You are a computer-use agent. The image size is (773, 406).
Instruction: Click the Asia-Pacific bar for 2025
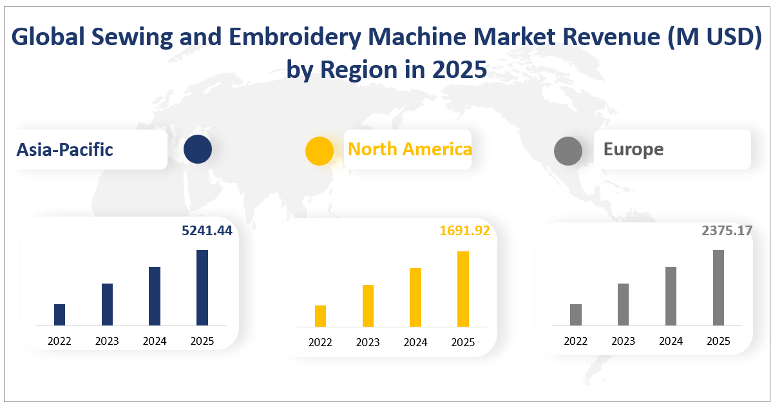pyautogui.click(x=202, y=287)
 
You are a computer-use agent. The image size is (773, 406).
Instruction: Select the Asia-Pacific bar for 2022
pyautogui.click(x=59, y=314)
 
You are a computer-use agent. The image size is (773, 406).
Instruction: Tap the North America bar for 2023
pyautogui.click(x=368, y=305)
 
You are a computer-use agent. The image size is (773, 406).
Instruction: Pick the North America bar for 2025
pyautogui.click(x=463, y=289)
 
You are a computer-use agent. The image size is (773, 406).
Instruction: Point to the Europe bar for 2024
pyautogui.click(x=671, y=296)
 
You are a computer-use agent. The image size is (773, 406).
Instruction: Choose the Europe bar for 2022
pyautogui.click(x=576, y=314)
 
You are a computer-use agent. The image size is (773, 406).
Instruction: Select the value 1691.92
pyautogui.click(x=464, y=231)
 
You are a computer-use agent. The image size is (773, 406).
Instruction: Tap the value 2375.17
pyautogui.click(x=727, y=231)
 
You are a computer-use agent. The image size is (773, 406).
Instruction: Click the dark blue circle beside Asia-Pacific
pyautogui.click(x=197, y=150)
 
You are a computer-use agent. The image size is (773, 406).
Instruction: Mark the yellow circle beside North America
pyautogui.click(x=320, y=151)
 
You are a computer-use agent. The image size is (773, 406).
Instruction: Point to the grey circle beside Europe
pyautogui.click(x=568, y=151)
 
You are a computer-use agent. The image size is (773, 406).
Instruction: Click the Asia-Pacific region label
pyautogui.click(x=65, y=150)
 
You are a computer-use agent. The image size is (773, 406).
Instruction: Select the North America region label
pyautogui.click(x=410, y=149)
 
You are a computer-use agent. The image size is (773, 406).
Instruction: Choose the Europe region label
pyautogui.click(x=633, y=150)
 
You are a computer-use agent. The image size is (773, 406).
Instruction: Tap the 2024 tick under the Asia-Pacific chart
pyautogui.click(x=155, y=341)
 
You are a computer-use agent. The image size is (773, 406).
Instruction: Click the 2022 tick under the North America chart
pyautogui.click(x=320, y=342)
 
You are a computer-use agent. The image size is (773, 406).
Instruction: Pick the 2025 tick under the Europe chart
pyautogui.click(x=718, y=341)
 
